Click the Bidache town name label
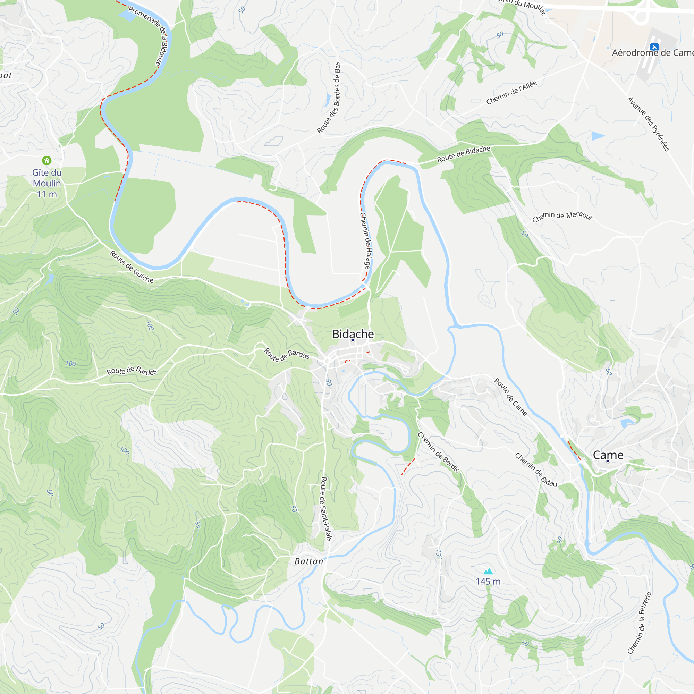pos(353,334)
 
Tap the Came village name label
pos(608,455)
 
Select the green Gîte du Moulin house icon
pos(47,160)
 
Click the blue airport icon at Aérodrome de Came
pos(654,47)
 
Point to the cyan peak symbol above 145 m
pos(488,571)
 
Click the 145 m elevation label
pos(488,582)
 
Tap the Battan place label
pos(308,561)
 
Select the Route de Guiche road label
pos(132,267)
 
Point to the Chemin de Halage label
pos(365,241)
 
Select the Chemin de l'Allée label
pos(511,93)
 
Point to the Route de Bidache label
pos(463,154)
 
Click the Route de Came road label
pos(510,397)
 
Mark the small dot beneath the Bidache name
pos(353,340)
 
